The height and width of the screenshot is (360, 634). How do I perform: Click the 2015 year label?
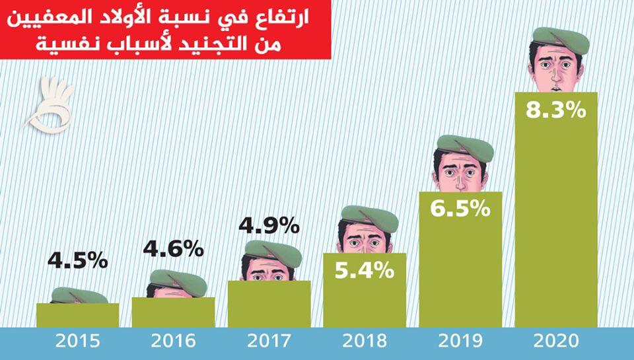click(x=77, y=342)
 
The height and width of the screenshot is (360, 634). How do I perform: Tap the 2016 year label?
click(x=173, y=342)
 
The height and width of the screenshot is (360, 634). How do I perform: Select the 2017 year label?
click(x=269, y=342)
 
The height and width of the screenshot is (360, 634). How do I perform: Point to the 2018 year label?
click(x=365, y=342)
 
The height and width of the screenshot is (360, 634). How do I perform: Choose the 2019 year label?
click(x=461, y=342)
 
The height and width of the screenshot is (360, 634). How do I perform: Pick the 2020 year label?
click(x=557, y=342)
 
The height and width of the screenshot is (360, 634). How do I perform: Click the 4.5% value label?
click(x=77, y=260)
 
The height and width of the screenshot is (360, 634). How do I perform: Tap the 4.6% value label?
click(x=173, y=248)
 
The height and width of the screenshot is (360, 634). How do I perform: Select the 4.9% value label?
click(x=269, y=227)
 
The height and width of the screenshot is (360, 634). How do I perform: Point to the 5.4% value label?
click(x=365, y=270)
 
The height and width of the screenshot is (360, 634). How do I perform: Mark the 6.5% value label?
click(x=461, y=209)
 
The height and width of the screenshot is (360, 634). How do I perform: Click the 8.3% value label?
click(x=557, y=109)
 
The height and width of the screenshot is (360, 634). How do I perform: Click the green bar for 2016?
click(x=173, y=312)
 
